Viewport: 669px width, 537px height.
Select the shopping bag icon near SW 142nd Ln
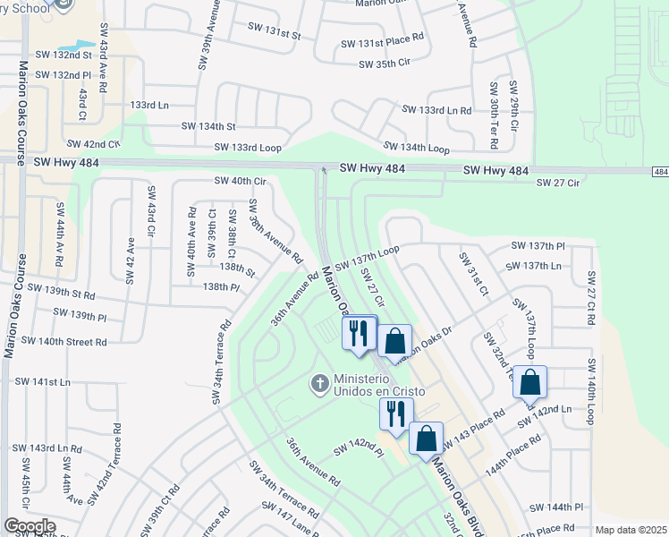(x=529, y=381)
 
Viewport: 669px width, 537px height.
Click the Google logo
(x=30, y=526)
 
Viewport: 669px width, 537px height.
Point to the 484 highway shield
(x=660, y=171)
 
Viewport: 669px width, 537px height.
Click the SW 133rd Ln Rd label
(x=436, y=109)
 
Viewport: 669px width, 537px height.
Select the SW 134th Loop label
(x=416, y=146)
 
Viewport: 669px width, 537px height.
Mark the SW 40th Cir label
(x=241, y=181)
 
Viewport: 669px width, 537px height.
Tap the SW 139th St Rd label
(x=61, y=293)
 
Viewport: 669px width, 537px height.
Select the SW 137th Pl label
(x=538, y=245)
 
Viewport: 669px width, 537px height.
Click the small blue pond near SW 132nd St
(x=76, y=45)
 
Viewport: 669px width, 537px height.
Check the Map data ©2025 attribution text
(x=630, y=530)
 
